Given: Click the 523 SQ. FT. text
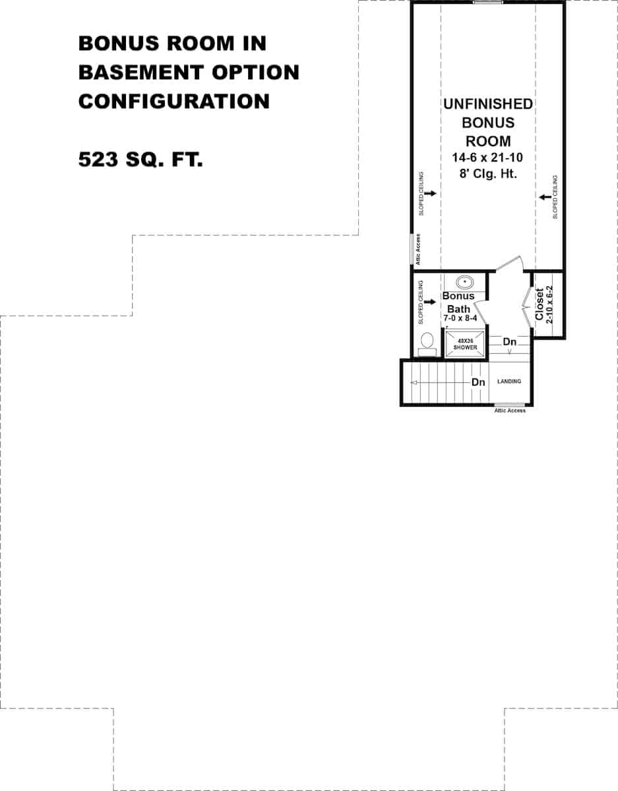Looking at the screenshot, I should [140, 160].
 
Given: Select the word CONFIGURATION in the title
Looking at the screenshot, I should [174, 102].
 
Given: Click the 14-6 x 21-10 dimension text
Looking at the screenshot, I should [488, 158].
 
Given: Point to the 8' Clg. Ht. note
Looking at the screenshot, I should [488, 174].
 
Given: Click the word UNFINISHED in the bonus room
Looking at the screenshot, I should [488, 104].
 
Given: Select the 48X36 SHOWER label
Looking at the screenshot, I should [465, 344].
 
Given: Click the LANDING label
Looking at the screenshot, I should [509, 382].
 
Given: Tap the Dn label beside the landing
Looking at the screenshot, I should [478, 382].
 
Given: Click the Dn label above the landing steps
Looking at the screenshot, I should [509, 342].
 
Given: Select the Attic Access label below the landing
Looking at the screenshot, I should [510, 411].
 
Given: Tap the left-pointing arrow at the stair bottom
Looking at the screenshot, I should [414, 382].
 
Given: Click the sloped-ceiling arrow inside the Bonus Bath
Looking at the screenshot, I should [432, 302].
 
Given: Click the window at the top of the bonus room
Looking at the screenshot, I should [487, 3].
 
